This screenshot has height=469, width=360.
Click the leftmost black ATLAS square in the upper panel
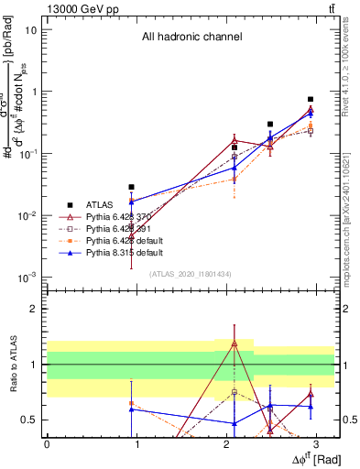132,187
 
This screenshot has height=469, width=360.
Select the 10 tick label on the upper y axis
30,29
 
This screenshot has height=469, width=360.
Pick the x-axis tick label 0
47,444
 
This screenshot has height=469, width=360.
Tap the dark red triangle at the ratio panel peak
235,344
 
